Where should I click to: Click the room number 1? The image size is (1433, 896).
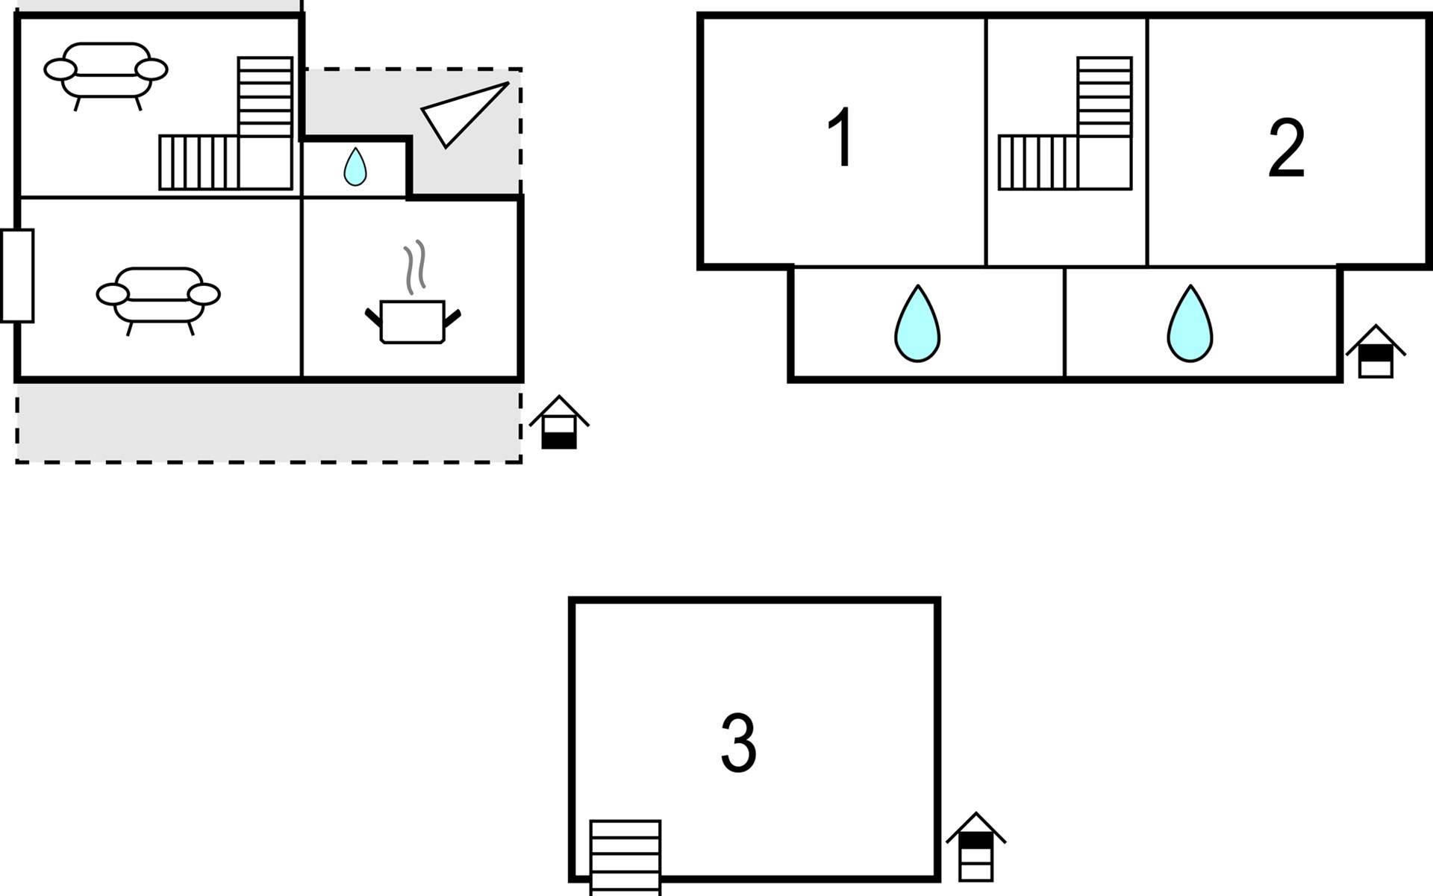841,138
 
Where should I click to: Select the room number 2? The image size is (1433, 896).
1286,149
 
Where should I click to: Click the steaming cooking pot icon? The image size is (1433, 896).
413,321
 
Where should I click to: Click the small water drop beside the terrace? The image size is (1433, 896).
355,167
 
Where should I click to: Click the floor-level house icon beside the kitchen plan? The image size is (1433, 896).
559,423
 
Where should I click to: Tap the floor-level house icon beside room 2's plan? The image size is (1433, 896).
1376,352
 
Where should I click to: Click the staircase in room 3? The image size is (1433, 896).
625,857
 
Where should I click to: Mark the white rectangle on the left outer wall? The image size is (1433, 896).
17,276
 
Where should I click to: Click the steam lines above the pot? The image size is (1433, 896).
415,267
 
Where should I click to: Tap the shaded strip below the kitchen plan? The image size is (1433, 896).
269,423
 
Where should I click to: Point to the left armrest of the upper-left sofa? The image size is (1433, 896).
60,69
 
